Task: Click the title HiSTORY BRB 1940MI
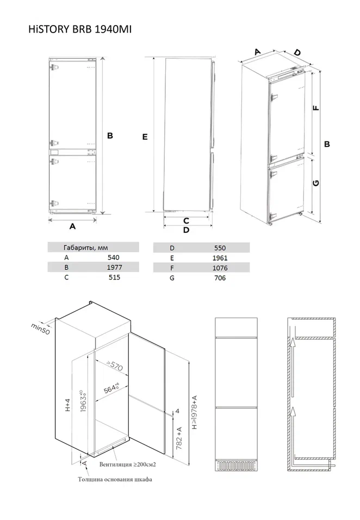[80, 29]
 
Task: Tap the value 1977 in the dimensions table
[114, 267]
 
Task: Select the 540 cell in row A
[114, 258]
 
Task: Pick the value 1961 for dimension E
[220, 258]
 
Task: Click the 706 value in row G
[220, 278]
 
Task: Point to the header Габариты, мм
[85, 247]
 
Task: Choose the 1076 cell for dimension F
[220, 268]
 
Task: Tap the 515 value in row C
[114, 277]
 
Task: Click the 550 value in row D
[220, 248]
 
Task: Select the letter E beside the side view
[145, 137]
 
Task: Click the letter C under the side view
[186, 220]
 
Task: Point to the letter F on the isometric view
[316, 108]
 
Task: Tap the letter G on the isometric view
[316, 183]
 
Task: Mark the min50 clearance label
[40, 329]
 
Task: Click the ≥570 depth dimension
[115, 366]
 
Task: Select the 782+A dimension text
[179, 438]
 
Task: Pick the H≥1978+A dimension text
[195, 412]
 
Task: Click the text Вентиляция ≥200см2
[128, 465]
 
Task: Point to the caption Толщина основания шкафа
[115, 479]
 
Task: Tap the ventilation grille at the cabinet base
[236, 465]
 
